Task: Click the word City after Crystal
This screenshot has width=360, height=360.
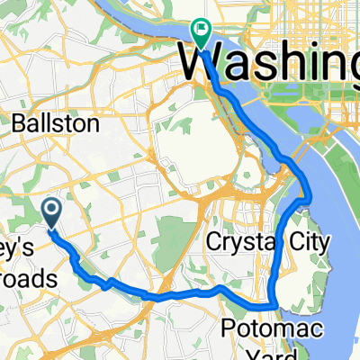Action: pyautogui.click(x=303, y=241)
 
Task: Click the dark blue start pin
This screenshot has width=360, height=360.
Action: pyautogui.click(x=51, y=212)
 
